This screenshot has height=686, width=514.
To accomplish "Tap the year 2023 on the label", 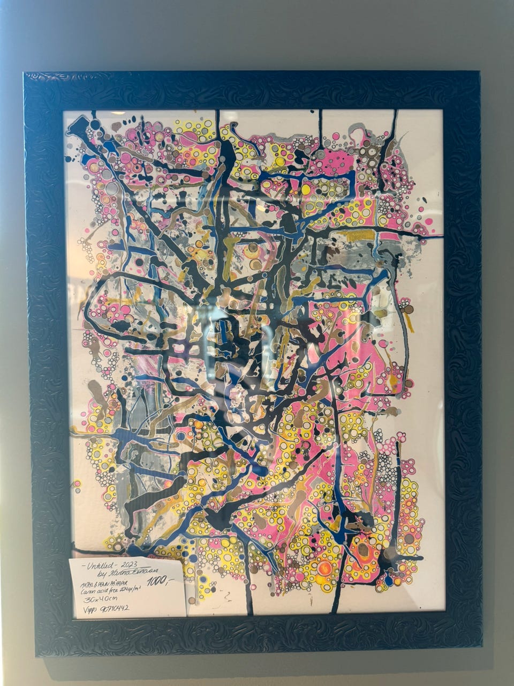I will point(131,565).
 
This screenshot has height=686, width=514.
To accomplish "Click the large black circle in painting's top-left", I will point(95,125).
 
